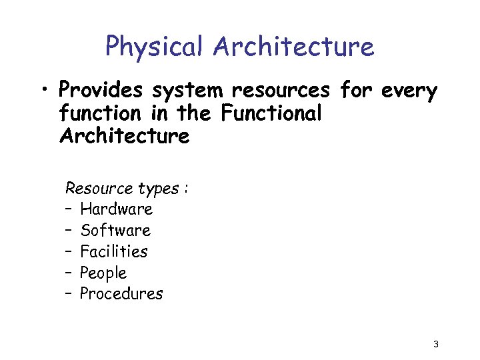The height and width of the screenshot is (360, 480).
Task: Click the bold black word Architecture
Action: point(125,136)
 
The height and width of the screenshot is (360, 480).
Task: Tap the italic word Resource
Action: point(93,188)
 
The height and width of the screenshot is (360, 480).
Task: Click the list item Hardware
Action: point(116,209)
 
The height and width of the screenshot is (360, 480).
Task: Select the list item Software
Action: point(115,231)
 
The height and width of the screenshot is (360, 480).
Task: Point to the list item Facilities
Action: point(113,252)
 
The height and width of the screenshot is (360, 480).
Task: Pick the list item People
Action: point(103,273)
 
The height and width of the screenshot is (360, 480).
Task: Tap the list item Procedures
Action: point(121,294)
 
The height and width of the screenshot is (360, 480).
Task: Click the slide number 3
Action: point(435,345)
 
